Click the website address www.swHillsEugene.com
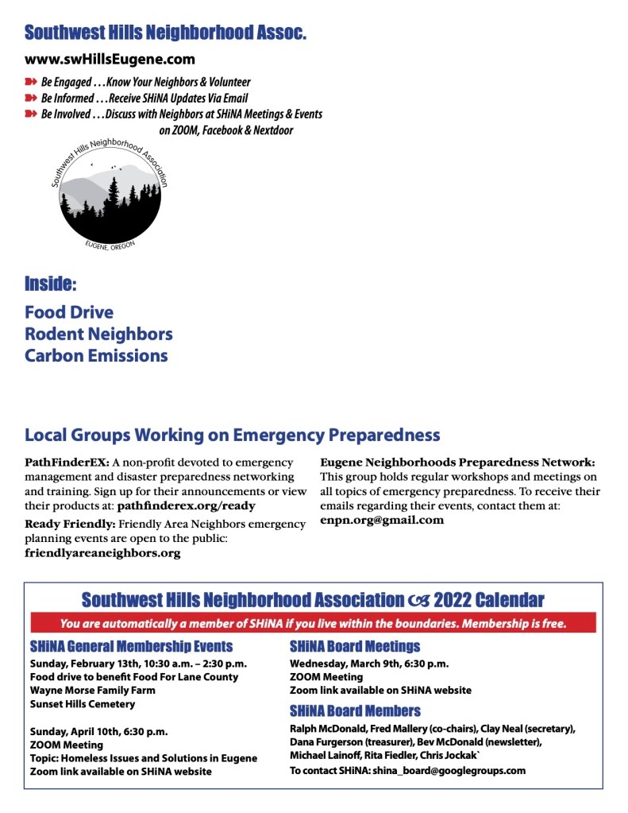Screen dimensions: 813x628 coord(110,59)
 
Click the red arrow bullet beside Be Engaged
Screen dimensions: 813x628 coord(31,82)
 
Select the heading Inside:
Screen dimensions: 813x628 coord(51,284)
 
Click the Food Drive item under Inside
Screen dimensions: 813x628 coord(69,312)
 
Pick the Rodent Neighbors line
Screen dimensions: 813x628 coord(98,334)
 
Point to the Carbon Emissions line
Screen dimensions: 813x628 coord(96,355)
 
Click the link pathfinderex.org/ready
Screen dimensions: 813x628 coord(186,505)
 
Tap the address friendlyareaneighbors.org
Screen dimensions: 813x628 coord(102,553)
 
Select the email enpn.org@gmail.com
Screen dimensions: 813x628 coord(382,520)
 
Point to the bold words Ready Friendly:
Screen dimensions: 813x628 coord(71,524)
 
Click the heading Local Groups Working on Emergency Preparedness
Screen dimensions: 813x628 coord(232,436)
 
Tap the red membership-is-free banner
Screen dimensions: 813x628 coord(313,623)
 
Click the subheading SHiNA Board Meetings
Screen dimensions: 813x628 coord(355,646)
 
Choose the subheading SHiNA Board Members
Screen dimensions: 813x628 coord(355,710)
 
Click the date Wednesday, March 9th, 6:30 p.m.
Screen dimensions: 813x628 coord(369,663)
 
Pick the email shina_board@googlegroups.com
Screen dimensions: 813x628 coord(449,770)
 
